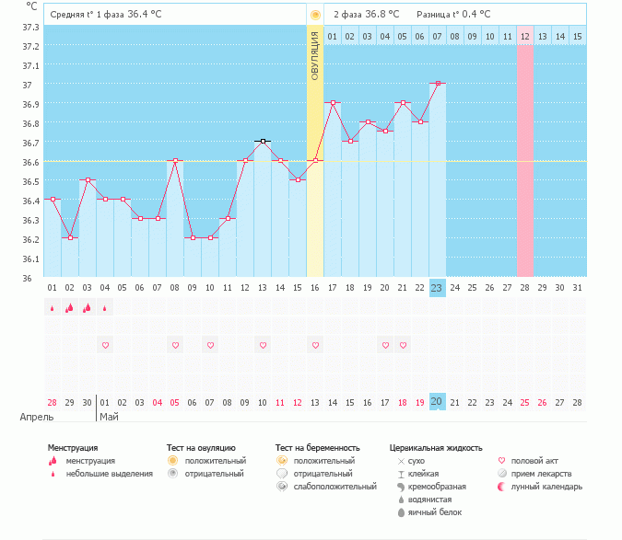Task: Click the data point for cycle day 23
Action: click(437, 83)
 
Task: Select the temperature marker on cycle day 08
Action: click(175, 160)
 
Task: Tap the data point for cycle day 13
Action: click(263, 141)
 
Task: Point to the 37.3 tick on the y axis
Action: click(30, 27)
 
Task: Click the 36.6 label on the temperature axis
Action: click(30, 162)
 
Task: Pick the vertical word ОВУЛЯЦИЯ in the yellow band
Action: click(314, 55)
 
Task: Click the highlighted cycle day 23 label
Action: click(437, 288)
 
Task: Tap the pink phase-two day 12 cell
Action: click(525, 36)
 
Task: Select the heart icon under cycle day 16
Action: click(315, 345)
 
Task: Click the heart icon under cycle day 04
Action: click(105, 345)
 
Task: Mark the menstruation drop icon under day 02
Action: click(69, 308)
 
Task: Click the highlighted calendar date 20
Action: click(437, 402)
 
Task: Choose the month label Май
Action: click(109, 416)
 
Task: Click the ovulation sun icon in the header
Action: click(315, 15)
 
